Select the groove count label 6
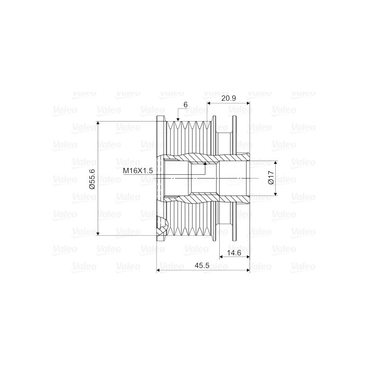point(185,105)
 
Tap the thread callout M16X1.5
point(137,171)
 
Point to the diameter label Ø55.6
point(92,178)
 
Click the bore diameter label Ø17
point(271,178)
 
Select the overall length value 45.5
point(202,265)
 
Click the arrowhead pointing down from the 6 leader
point(177,120)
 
